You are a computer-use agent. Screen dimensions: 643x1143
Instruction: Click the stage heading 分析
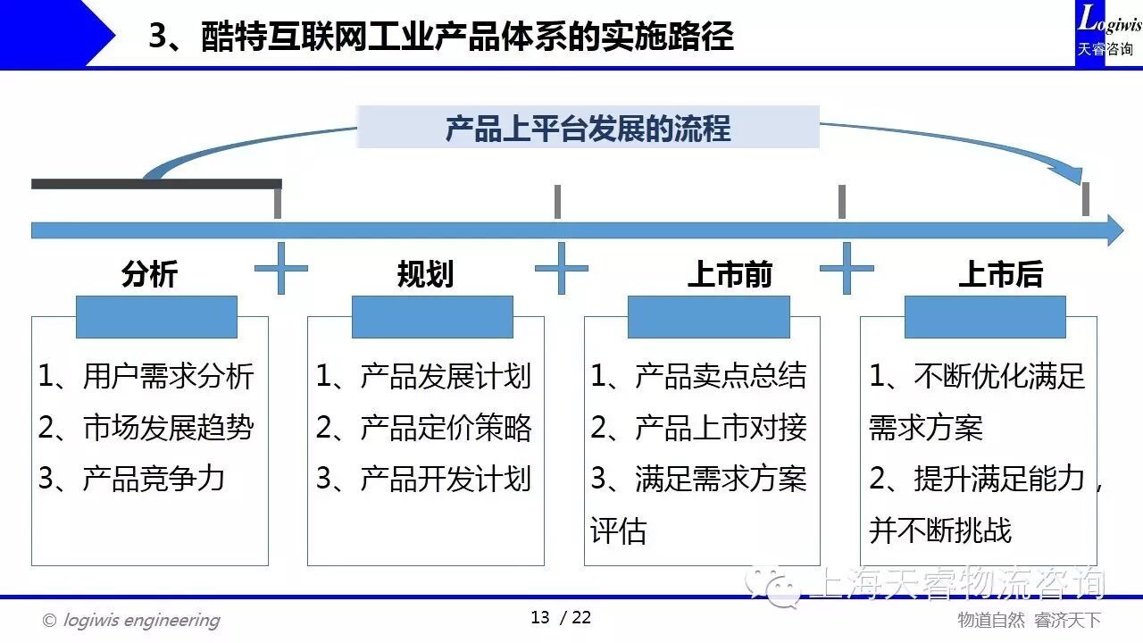149,273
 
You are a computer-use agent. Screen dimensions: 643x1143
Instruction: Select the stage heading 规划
425,273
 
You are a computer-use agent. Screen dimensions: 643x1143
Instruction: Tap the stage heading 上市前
729,273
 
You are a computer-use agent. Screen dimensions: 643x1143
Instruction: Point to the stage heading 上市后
1000,273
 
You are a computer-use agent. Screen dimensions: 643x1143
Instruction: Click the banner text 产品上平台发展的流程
588,128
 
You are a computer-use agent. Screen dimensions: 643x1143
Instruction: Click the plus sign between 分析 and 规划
281,267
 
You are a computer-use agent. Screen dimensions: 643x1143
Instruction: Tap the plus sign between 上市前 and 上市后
846,267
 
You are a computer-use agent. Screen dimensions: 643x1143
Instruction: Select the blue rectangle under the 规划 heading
432,317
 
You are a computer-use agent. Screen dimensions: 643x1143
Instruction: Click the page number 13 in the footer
540,617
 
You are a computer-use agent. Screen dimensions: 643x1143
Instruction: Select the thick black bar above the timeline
156,184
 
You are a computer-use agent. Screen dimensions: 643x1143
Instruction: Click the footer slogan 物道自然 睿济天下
1029,620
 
